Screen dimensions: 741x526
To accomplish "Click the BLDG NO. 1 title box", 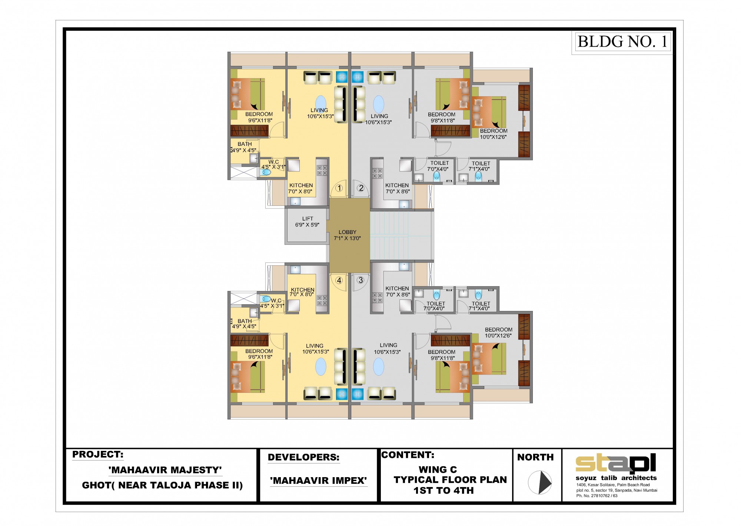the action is point(622,42).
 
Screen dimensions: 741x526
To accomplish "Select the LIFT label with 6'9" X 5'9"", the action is point(307,222).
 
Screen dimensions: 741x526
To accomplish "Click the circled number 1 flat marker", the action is point(339,188).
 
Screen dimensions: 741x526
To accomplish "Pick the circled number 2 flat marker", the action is point(361,188).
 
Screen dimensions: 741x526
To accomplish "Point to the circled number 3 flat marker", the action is point(360,280).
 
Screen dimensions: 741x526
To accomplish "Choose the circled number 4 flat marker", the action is point(339,280).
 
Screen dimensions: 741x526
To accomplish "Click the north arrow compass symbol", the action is point(540,482).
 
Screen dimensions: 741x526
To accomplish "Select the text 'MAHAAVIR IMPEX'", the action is point(318,480).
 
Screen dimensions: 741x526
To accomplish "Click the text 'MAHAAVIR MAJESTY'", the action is point(165,470).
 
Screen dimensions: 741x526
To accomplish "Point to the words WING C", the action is point(438,469).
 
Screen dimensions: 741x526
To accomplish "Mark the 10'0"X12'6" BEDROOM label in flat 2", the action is point(494,134).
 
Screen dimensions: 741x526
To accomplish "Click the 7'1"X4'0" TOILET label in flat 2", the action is point(480,166).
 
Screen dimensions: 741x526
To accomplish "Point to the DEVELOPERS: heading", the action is point(303,457).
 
